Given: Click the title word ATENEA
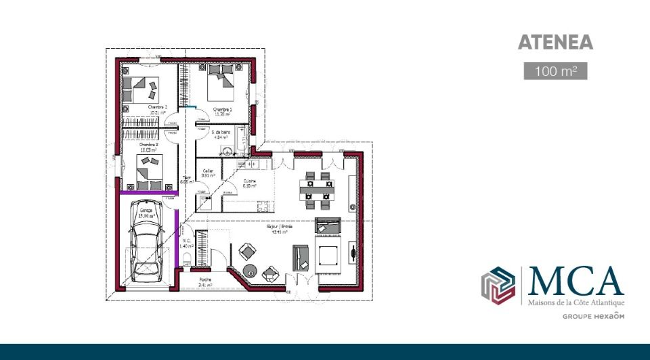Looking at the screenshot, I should click(x=555, y=43).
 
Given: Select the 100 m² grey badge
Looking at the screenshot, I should click(x=555, y=70).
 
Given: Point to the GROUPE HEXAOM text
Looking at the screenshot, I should click(x=593, y=316).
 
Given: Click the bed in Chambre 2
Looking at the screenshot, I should click(x=142, y=85).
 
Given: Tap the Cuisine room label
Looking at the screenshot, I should click(x=249, y=181).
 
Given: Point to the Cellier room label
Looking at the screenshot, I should click(x=208, y=173).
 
